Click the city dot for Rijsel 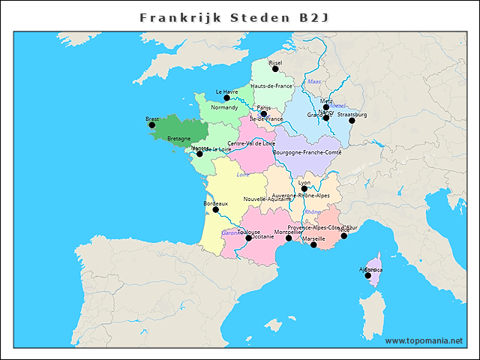point(275,69)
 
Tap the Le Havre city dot point(226,98)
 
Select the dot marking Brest point(152,125)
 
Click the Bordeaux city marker point(215,210)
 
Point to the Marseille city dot point(313,245)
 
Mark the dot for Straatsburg point(352,121)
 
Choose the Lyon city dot point(304,189)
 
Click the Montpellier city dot point(289,238)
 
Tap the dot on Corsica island point(368,275)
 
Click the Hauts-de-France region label point(271,86)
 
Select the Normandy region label point(224,107)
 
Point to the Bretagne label point(178,139)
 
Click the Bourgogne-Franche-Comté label point(308,152)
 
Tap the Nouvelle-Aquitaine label point(268,199)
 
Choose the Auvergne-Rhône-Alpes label point(301,196)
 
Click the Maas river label point(314,82)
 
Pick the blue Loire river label point(243,175)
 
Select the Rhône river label point(313,212)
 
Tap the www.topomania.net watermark point(424,341)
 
